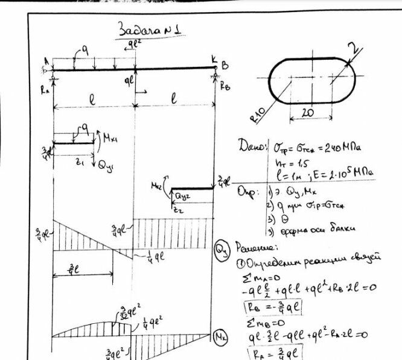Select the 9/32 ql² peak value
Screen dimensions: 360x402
click(x=123, y=313)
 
